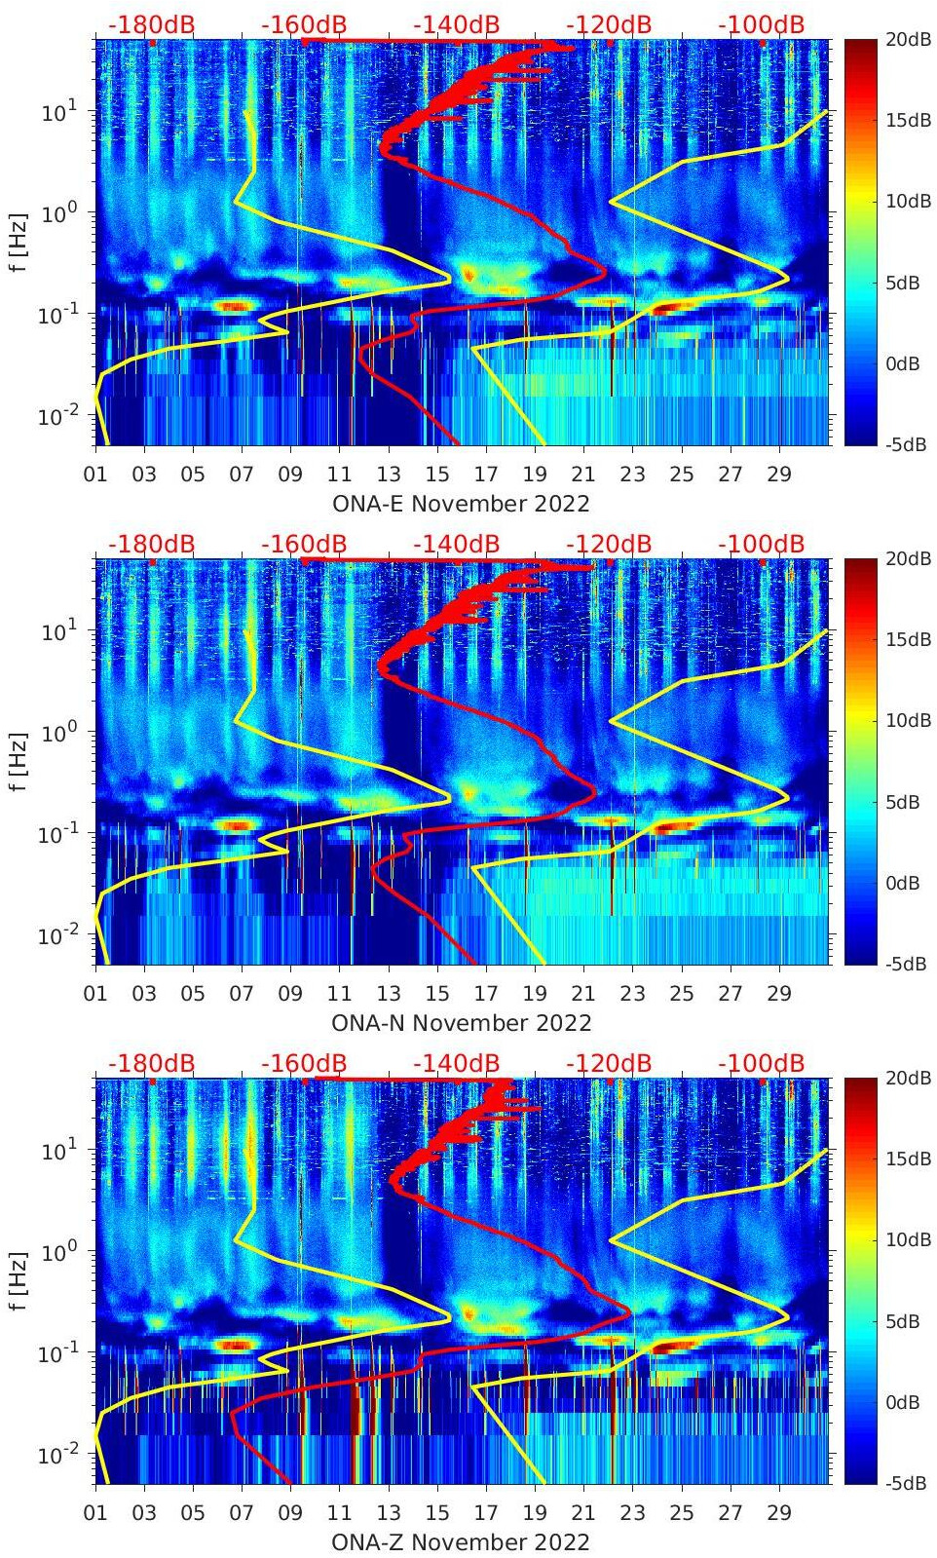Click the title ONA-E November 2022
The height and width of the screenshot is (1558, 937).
pos(461,504)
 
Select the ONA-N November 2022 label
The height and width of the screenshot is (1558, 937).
pos(461,1023)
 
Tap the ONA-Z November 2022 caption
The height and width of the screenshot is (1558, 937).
pos(461,1542)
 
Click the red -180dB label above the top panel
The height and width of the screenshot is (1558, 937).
pos(151,24)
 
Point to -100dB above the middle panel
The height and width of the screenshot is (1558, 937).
pos(761,544)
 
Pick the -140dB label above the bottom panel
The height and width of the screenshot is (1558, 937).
pos(456,1063)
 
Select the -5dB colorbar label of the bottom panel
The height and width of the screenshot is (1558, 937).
pos(905,1483)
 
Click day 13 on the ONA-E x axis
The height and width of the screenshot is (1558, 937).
pos(389,475)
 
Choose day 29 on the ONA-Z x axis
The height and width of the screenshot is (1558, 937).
pos(779,1513)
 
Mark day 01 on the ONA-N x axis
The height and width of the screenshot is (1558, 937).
pos(95,994)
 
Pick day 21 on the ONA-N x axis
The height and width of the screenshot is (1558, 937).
pos(583,994)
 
